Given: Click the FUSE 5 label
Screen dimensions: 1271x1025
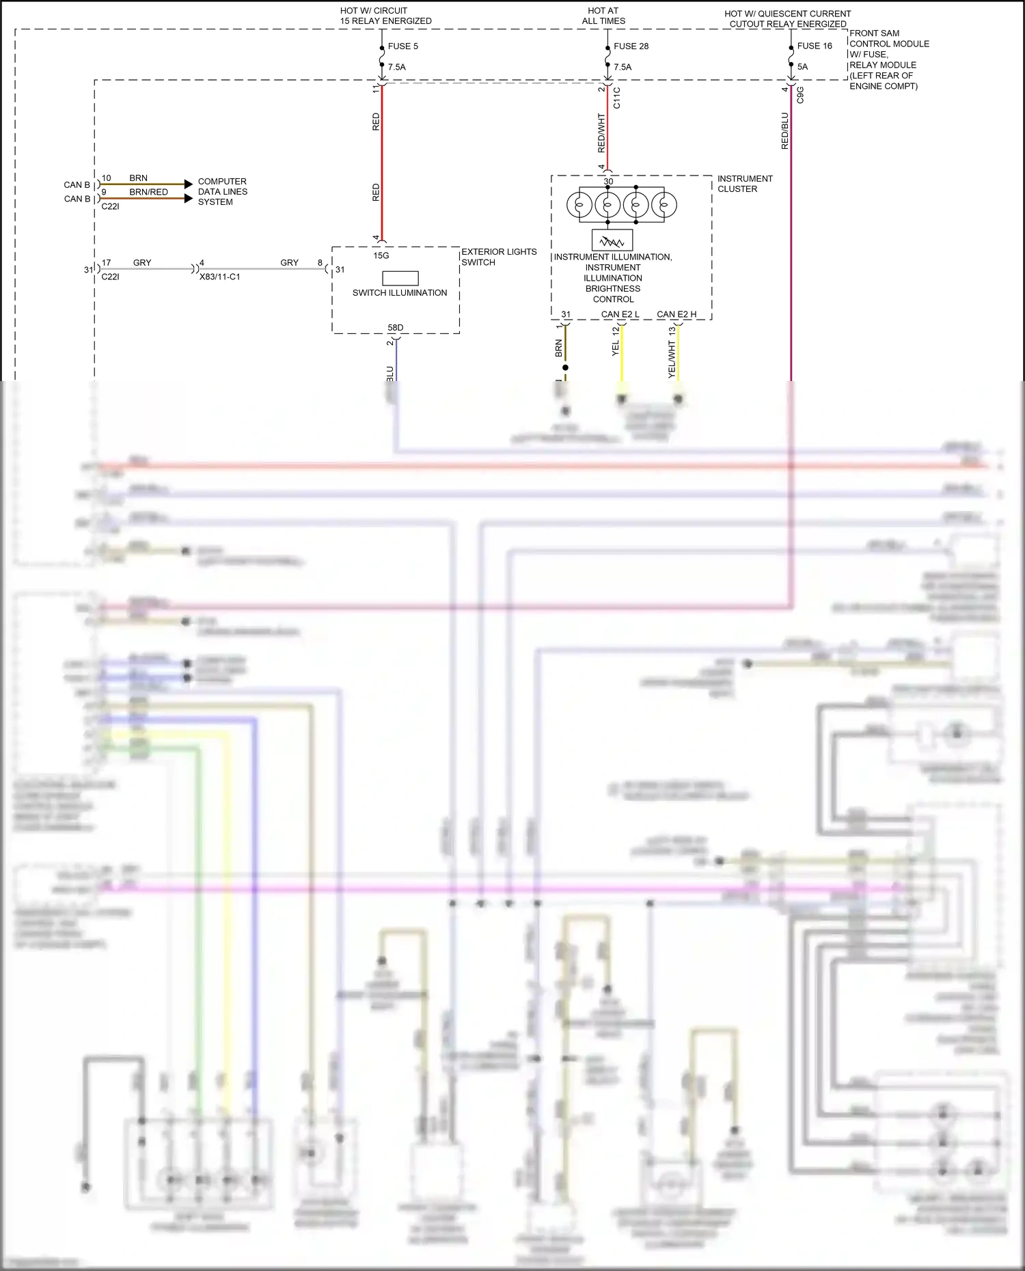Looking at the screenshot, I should point(402,46).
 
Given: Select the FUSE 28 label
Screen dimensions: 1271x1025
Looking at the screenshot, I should point(631,46).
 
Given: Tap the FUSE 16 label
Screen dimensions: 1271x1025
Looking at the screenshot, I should point(815,46).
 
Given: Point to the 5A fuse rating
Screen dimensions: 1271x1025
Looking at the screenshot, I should point(802,67).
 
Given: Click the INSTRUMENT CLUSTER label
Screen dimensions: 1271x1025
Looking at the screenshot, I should point(744,184).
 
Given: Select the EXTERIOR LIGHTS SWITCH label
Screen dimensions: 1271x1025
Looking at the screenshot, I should point(499,257).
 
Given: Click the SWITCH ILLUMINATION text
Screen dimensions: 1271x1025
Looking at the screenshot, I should point(400,293).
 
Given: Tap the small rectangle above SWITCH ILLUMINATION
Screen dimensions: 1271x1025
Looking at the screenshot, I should point(400,278).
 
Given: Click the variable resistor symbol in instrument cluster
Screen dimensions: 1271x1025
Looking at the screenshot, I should point(612,240).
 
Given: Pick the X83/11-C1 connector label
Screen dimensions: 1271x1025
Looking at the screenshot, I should point(219,277).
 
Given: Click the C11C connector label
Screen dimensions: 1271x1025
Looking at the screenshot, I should point(617,98).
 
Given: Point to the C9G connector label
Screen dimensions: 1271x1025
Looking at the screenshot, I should point(800,95).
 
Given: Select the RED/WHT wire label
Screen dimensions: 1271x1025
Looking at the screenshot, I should point(601,133).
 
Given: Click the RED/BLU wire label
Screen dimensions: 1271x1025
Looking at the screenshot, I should point(784,131).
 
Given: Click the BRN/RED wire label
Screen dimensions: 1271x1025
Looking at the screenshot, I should point(148,193).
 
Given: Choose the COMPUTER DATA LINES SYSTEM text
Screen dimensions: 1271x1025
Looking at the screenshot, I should point(222,192).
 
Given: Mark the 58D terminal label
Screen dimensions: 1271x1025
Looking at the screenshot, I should point(396,328).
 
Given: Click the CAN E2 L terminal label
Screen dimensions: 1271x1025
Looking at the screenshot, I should point(620,315).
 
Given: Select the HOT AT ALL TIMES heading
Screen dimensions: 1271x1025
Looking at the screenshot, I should point(603,16).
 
